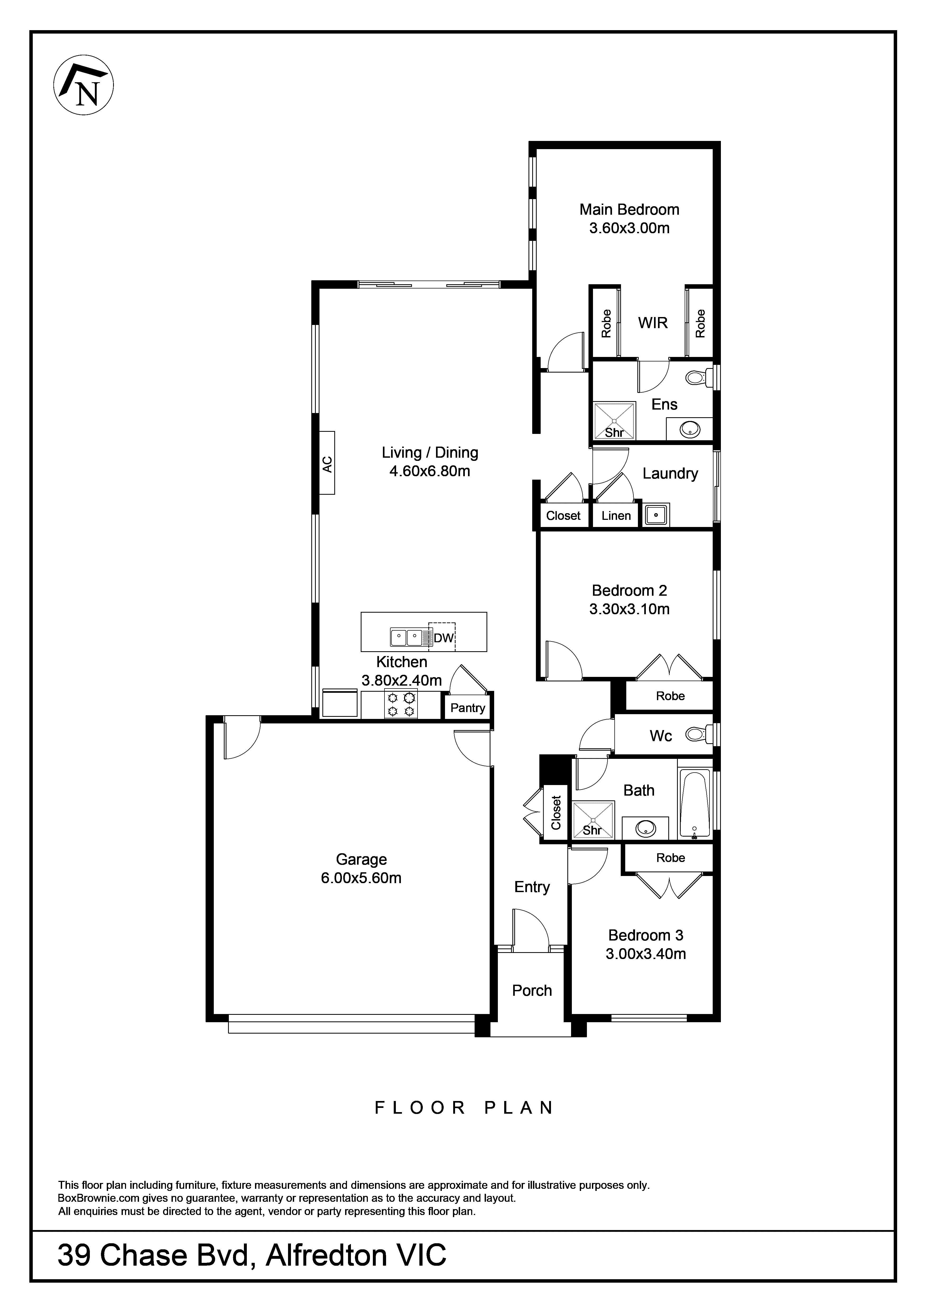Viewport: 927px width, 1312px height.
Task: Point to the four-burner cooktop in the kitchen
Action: (400, 704)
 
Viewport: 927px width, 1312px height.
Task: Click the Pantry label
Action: (467, 708)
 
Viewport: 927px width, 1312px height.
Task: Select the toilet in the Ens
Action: (697, 377)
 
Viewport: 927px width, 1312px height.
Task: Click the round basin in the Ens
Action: (690, 429)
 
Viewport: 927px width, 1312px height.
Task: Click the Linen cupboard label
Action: (616, 515)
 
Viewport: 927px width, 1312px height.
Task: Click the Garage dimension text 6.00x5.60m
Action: (361, 878)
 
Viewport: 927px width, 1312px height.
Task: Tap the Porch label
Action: (532, 990)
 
